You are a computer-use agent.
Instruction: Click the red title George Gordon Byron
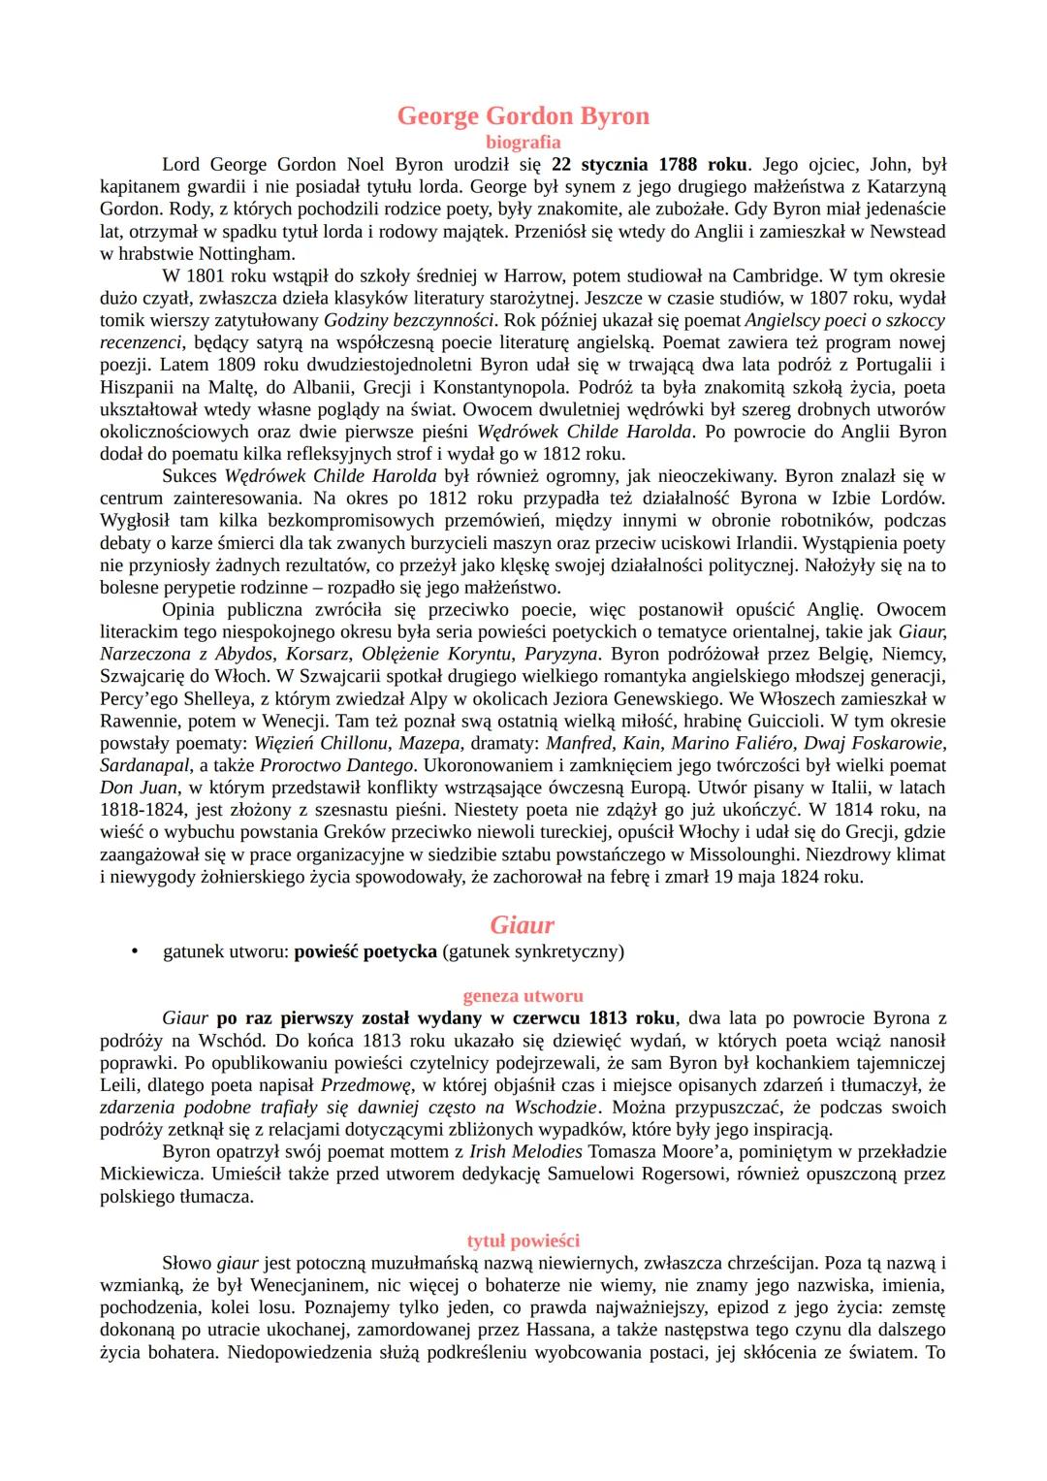pos(523,116)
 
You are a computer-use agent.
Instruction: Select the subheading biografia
pos(523,143)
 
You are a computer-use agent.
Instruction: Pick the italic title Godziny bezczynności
pos(409,320)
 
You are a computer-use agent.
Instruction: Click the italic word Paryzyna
pos(560,654)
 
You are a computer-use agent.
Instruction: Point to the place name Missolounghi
pos(775,854)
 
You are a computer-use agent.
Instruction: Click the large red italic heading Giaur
pos(523,924)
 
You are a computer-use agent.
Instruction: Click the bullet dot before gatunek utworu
pos(135,951)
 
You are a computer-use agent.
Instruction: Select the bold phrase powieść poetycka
pos(365,951)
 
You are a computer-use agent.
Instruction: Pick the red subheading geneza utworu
pos(523,996)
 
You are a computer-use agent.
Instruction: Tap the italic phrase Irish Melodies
pos(525,1151)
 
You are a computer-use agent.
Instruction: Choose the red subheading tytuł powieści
pos(523,1240)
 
